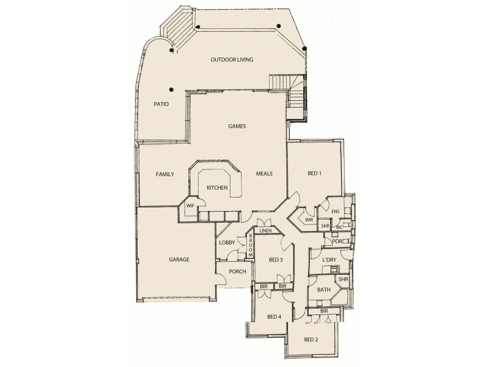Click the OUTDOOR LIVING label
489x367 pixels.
(232, 60)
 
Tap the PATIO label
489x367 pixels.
(161, 105)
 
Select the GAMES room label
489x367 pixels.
(237, 127)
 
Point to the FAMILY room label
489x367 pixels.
(165, 174)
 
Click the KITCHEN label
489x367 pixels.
(217, 187)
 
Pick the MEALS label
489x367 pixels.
(264, 174)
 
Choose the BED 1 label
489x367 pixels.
(314, 174)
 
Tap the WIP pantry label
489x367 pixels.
(190, 206)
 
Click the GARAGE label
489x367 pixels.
(178, 259)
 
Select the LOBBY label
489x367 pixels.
(227, 243)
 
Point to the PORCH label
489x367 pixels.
(237, 272)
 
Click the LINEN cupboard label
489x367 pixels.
(265, 231)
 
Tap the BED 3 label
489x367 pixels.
(276, 260)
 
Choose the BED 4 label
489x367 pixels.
(275, 316)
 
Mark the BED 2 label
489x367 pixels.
(312, 339)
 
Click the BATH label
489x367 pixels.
(324, 291)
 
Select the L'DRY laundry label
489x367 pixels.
(329, 261)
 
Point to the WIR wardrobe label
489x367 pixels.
(309, 220)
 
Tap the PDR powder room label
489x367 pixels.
(337, 241)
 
